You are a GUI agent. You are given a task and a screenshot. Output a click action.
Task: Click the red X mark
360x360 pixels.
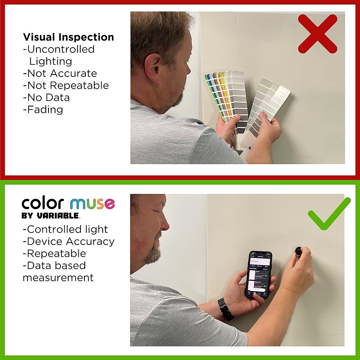317,34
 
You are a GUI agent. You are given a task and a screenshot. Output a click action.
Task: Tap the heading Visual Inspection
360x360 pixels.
68,37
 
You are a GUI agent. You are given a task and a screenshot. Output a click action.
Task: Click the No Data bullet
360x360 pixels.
46,97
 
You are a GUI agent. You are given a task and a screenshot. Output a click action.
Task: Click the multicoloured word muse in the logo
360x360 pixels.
92,204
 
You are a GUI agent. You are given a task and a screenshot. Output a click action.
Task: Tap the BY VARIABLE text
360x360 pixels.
50,216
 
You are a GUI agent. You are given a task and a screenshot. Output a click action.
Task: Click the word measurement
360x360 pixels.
58,278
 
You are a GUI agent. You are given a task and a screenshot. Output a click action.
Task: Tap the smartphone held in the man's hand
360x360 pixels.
260,274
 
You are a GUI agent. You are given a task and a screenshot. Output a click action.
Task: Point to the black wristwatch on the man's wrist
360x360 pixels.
225,309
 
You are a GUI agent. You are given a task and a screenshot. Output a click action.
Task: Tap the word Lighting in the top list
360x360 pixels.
51,61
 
